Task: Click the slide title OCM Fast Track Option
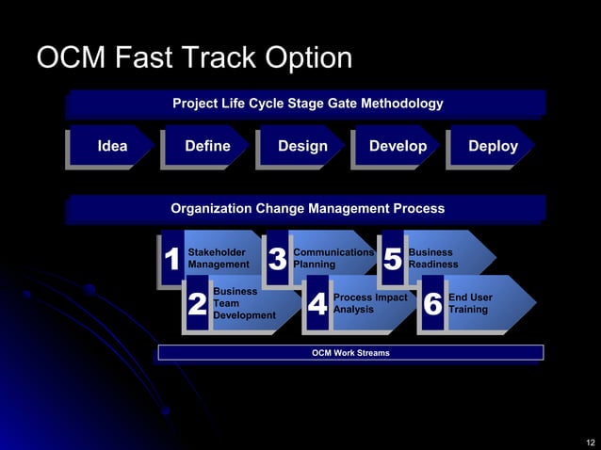click(x=194, y=58)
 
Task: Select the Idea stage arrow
click(x=112, y=146)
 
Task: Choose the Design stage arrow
click(x=302, y=146)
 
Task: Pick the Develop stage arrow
click(x=398, y=146)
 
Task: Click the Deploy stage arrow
click(x=493, y=146)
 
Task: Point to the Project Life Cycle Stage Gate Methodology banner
click(x=307, y=104)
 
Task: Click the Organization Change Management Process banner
click(x=307, y=208)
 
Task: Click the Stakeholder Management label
click(x=219, y=259)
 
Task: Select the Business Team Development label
click(x=244, y=304)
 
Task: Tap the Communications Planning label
click(x=333, y=259)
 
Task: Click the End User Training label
click(x=471, y=304)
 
